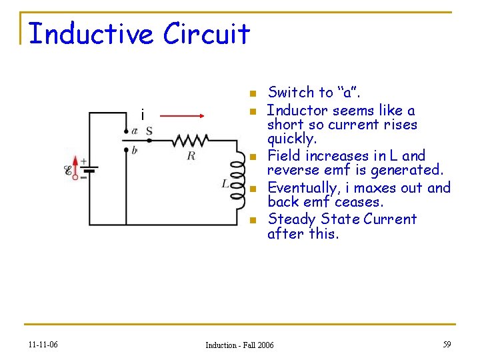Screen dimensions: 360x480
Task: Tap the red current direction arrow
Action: (x=183, y=116)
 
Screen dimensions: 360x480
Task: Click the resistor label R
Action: (x=191, y=156)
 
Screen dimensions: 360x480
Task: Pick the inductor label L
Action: (x=226, y=183)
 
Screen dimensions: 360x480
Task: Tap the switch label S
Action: (x=149, y=131)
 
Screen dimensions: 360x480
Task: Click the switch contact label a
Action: (x=135, y=131)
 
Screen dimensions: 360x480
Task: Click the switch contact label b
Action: (x=135, y=151)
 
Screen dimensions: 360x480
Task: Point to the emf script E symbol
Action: (x=69, y=171)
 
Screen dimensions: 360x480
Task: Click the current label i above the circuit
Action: (x=142, y=115)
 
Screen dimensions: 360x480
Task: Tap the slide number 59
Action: (x=447, y=345)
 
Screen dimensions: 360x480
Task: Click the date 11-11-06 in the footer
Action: (x=43, y=345)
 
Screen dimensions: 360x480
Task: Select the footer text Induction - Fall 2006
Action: (x=239, y=345)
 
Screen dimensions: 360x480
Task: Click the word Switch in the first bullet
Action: (x=290, y=93)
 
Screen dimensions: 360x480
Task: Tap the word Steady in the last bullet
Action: (x=291, y=219)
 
